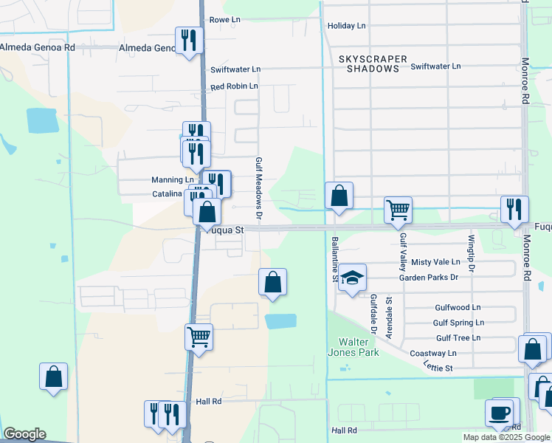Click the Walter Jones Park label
point(359,347)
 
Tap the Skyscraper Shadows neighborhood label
point(369,63)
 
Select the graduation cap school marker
point(353,278)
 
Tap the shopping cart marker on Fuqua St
point(398,210)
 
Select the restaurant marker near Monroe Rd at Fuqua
point(514,209)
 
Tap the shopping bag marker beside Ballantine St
point(339,196)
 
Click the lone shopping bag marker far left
point(54,377)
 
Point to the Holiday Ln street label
point(346,26)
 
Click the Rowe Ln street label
point(226,20)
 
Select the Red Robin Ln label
point(234,86)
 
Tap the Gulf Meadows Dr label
point(259,188)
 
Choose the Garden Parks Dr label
point(429,277)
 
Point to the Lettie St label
point(438,367)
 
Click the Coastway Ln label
point(455,353)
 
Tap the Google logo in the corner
point(24,434)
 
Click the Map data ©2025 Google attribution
point(506,437)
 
